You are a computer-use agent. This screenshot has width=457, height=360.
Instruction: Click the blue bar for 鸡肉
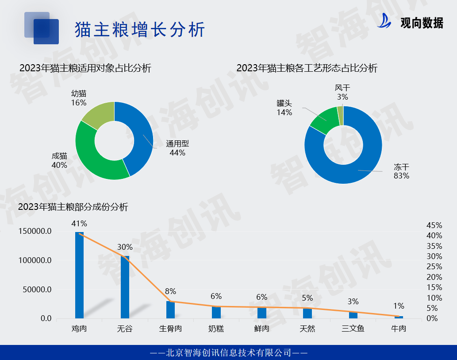point(79,275)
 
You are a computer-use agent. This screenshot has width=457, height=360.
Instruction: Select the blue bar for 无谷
point(125,287)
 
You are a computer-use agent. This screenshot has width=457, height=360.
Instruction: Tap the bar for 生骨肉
point(170,310)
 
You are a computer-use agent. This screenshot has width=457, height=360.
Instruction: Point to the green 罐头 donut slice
point(324,120)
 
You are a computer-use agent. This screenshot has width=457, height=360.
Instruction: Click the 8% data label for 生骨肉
point(170,291)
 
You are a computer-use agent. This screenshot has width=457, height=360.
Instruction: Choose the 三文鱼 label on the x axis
point(353,329)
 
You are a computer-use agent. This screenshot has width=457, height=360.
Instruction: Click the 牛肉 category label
point(399,329)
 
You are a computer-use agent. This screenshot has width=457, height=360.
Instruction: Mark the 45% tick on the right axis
point(434,225)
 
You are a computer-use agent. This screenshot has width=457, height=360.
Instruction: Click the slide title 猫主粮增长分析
point(140,30)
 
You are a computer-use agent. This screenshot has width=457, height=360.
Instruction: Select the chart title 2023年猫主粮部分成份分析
point(73,207)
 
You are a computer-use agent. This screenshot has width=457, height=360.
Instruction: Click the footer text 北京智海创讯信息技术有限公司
point(228,352)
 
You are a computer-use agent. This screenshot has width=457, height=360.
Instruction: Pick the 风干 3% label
point(342,92)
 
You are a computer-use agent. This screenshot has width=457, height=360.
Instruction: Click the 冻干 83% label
point(401,171)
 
